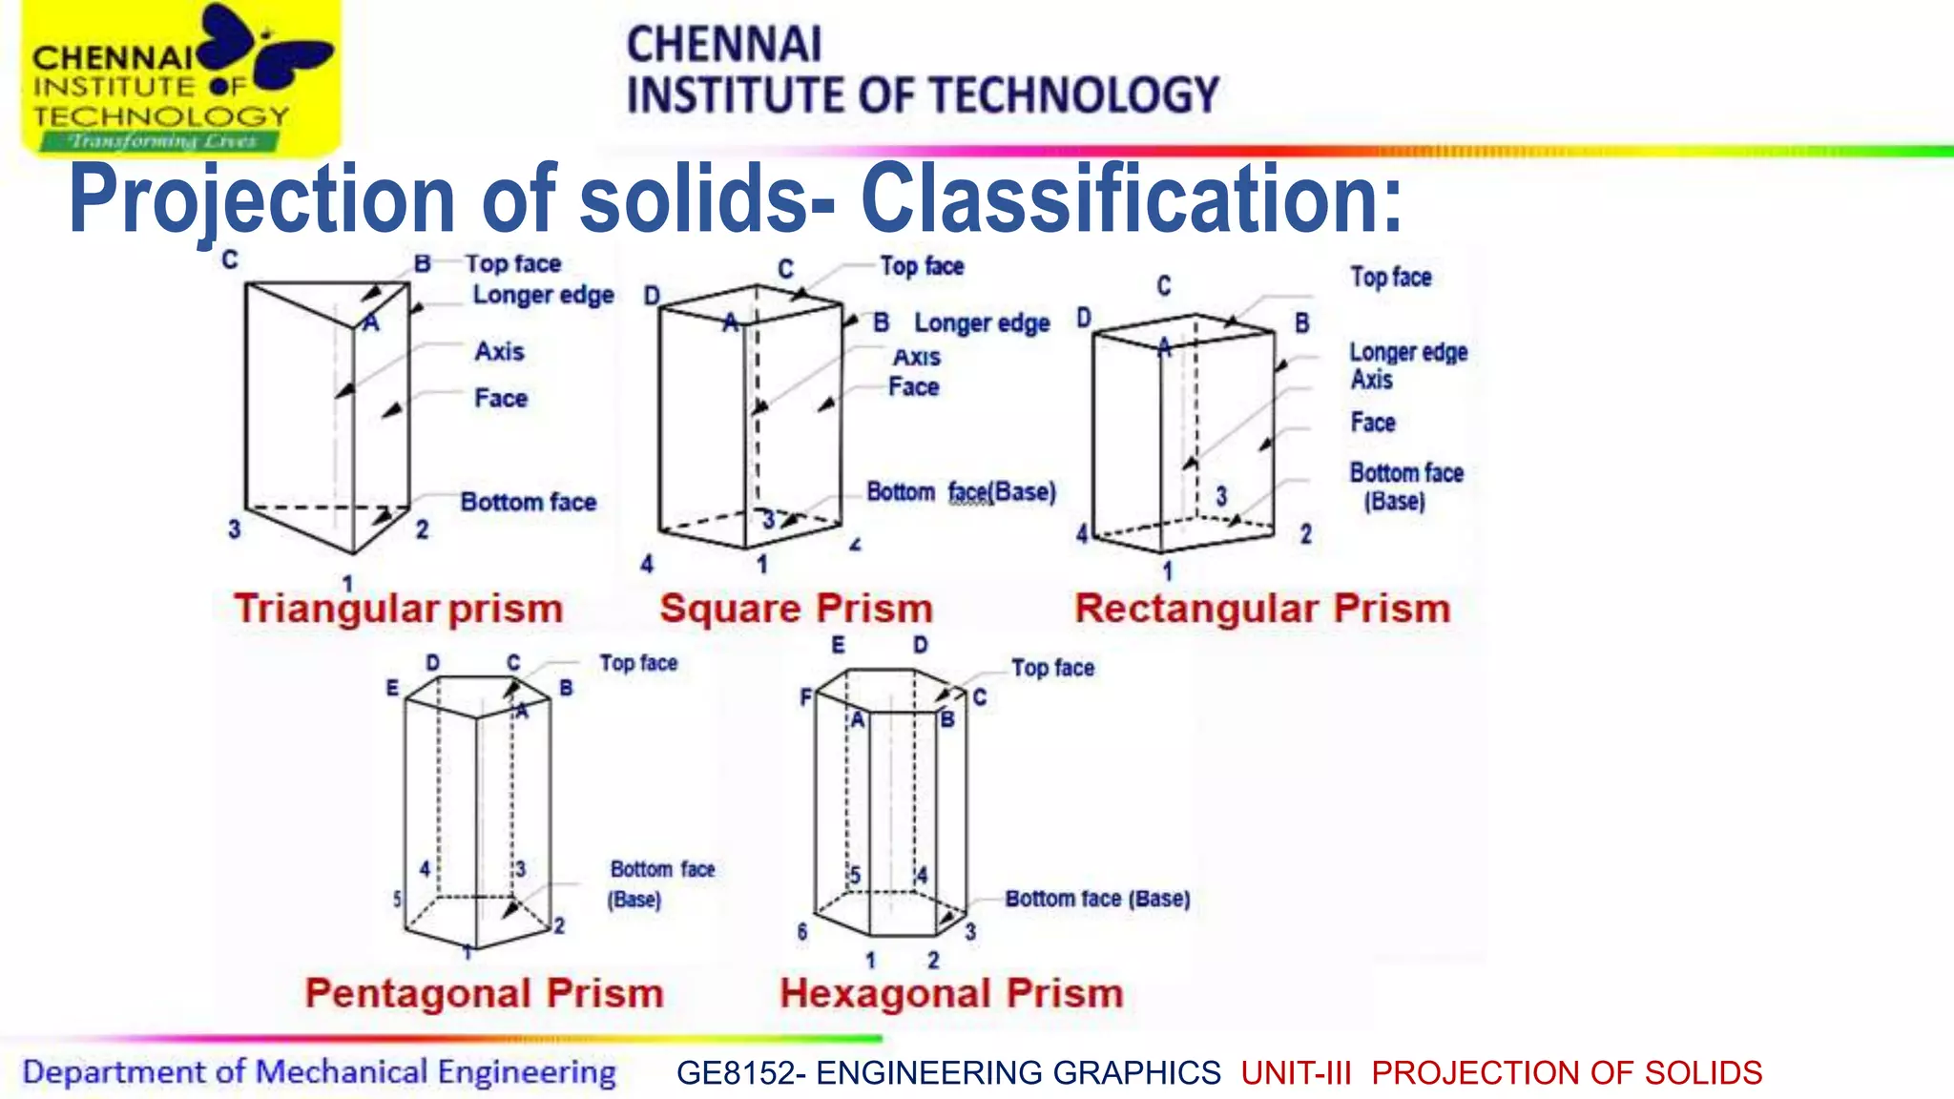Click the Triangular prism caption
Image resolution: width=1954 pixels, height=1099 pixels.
point(399,609)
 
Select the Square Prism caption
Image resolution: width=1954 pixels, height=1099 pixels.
point(796,609)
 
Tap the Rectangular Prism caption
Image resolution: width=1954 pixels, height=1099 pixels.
point(1262,609)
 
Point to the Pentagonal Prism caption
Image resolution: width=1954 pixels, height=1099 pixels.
point(484,993)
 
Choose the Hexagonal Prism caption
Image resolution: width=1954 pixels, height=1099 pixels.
point(951,993)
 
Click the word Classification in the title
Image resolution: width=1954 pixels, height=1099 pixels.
point(1132,198)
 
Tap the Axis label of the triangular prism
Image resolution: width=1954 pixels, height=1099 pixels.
point(500,351)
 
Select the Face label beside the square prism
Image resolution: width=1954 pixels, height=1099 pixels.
point(913,386)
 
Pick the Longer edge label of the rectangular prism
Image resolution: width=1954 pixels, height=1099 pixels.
point(1408,352)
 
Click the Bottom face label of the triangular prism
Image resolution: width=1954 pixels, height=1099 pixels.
point(529,502)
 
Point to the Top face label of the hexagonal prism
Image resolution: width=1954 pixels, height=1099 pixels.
point(1052,668)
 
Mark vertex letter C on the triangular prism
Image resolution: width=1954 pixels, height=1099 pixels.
point(230,259)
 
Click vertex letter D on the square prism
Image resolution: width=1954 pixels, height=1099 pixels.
point(652,296)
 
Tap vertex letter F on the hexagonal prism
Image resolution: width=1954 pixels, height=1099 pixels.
point(806,698)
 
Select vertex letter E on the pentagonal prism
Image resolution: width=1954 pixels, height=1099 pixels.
point(392,688)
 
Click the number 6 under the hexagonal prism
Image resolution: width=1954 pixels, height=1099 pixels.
point(802,931)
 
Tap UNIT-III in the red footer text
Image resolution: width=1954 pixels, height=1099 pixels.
point(1296,1072)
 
